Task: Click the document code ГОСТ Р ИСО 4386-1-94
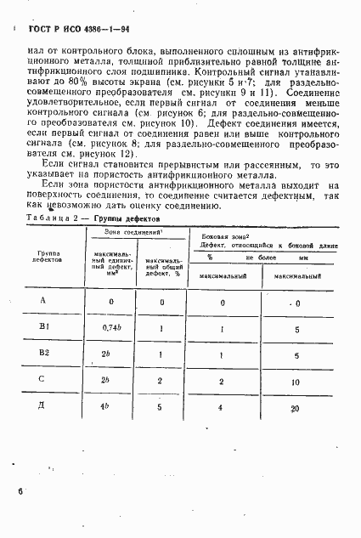(x=74, y=31)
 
